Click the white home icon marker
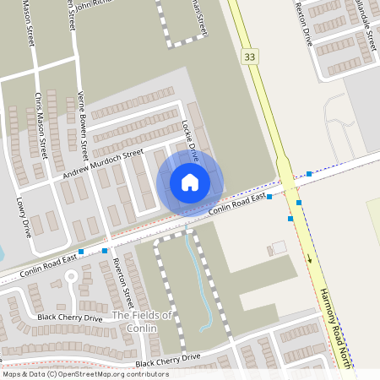pyautogui.click(x=189, y=182)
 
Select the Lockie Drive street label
pyautogui.click(x=189, y=140)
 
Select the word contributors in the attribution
pyautogui.click(x=144, y=374)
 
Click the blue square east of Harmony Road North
pyautogui.click(x=309, y=173)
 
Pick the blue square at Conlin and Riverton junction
pyautogui.click(x=105, y=250)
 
